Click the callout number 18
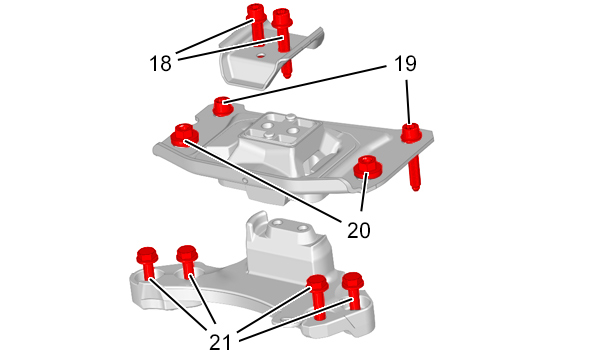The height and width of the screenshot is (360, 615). tap(160, 64)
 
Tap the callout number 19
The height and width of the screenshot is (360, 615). tap(405, 64)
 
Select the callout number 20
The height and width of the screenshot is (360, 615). tap(358, 230)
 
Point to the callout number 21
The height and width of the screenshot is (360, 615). tap(220, 342)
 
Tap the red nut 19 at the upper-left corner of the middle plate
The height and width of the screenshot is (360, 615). tap(222, 106)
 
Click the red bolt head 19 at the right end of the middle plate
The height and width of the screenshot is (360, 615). tap(411, 133)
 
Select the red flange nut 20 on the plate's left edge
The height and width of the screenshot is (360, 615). tap(184, 134)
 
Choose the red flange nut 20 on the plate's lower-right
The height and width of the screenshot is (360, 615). tap(368, 167)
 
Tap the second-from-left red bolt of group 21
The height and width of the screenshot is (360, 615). tap(187, 262)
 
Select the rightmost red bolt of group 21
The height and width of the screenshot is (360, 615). tap(353, 290)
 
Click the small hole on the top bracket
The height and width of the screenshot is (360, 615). tap(260, 56)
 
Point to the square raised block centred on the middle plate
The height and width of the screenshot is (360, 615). tap(279, 132)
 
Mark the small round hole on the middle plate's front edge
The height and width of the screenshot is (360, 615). tap(245, 180)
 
